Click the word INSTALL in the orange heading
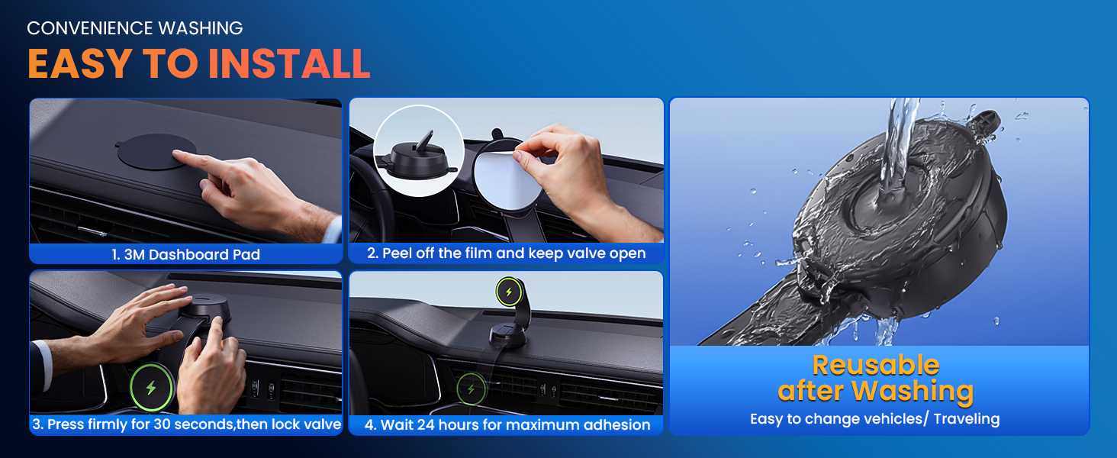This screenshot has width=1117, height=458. tap(289, 63)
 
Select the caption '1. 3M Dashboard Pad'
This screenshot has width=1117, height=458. tap(186, 254)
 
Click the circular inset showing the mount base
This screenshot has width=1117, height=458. tap(419, 151)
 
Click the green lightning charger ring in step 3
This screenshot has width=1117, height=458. tap(151, 388)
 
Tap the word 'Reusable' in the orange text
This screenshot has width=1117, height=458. tap(875, 365)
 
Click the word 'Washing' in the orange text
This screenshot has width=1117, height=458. tap(913, 391)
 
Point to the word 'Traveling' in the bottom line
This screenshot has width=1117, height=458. tap(964, 418)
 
